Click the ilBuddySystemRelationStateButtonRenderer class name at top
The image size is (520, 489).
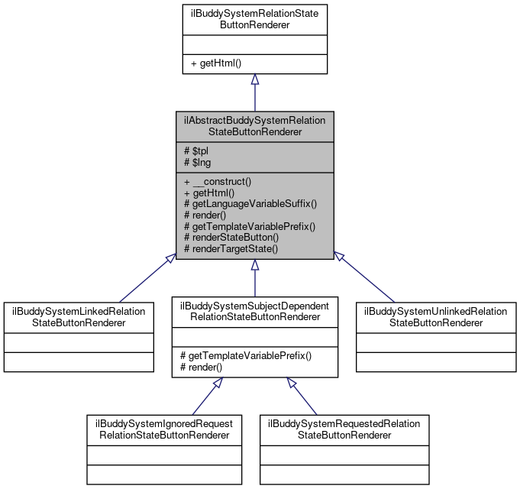(254, 19)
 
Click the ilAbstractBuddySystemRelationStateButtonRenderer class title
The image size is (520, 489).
(254, 126)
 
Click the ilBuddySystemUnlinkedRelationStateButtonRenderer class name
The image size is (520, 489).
(436, 316)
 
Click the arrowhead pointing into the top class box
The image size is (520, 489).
(254, 79)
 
